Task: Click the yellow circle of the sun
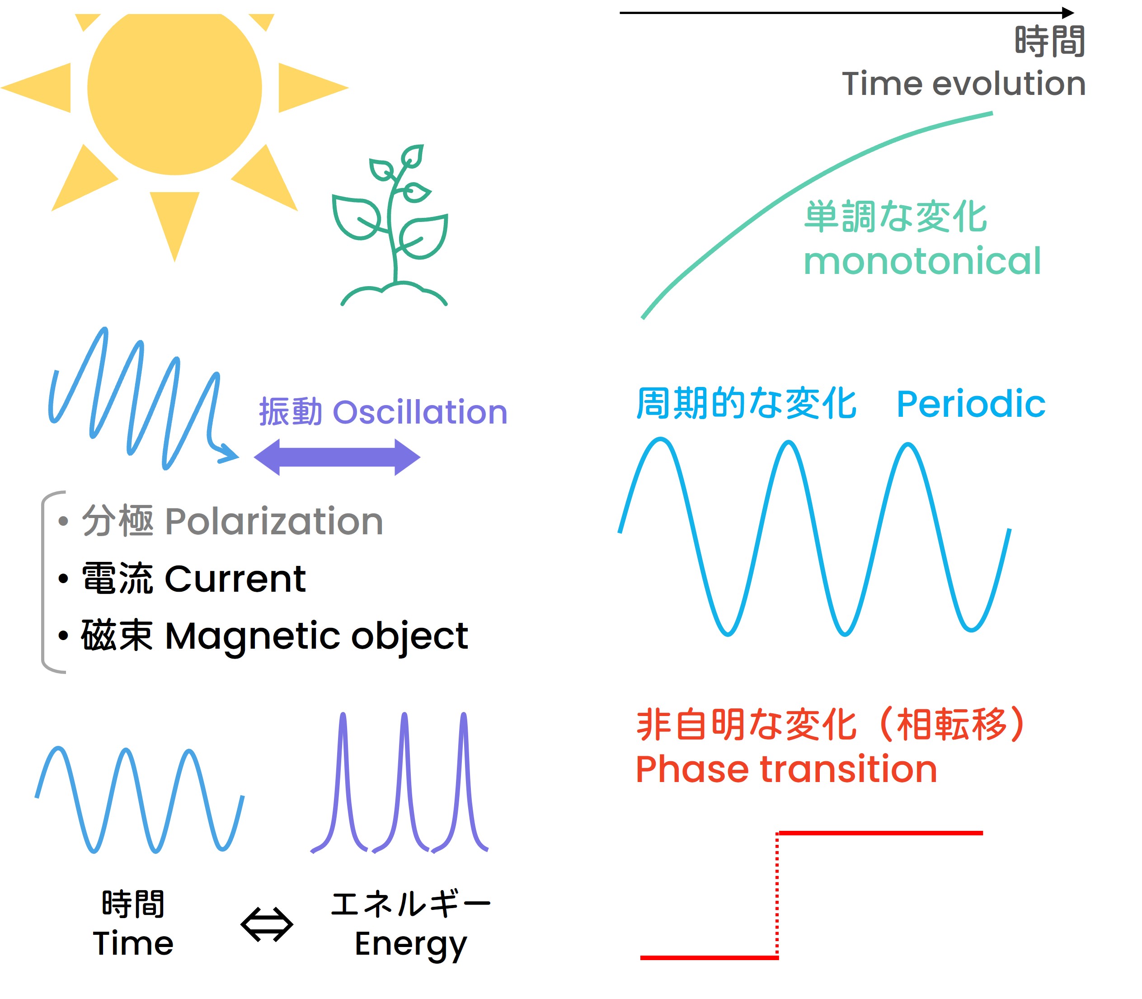pyautogui.click(x=174, y=89)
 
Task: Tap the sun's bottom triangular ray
pyautogui.click(x=174, y=223)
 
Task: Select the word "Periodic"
pyautogui.click(x=970, y=404)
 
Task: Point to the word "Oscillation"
pyautogui.click(x=420, y=413)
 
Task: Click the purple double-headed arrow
pyautogui.click(x=337, y=457)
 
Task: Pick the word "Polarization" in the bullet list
pyautogui.click(x=274, y=522)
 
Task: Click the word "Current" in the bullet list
pyautogui.click(x=235, y=579)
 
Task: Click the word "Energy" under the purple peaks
pyautogui.click(x=410, y=946)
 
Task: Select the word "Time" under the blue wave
pyautogui.click(x=133, y=944)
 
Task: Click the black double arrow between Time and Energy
pyautogui.click(x=267, y=925)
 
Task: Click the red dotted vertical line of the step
pyautogui.click(x=777, y=895)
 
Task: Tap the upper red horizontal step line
pyautogui.click(x=881, y=833)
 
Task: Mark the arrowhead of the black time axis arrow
pyautogui.click(x=1067, y=13)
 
